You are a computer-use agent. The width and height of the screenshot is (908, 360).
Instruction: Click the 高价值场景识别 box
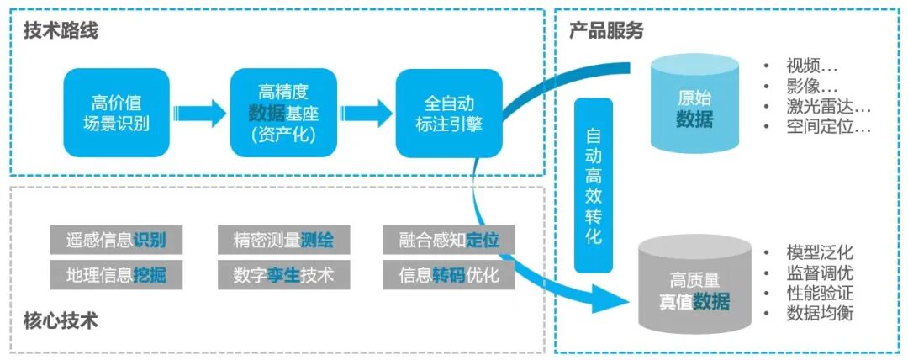pyautogui.click(x=116, y=113)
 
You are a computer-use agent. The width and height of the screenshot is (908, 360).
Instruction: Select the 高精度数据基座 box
pyautogui.click(x=282, y=113)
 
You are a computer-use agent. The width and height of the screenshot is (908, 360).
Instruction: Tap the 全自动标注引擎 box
pyautogui.click(x=449, y=113)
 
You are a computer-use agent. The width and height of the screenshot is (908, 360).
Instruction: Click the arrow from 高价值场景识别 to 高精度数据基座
pyautogui.click(x=199, y=112)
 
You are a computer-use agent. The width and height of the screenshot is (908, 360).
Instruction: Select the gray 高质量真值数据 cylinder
pyautogui.click(x=694, y=285)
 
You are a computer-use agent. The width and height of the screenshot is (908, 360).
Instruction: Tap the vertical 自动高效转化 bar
pyautogui.click(x=594, y=185)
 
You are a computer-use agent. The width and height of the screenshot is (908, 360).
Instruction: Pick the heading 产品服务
pyautogui.click(x=606, y=31)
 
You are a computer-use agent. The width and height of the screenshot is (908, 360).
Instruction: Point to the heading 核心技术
pyautogui.click(x=61, y=321)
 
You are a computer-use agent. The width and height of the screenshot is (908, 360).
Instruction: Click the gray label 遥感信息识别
pyautogui.click(x=116, y=240)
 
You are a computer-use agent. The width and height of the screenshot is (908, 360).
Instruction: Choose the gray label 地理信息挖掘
pyautogui.click(x=116, y=275)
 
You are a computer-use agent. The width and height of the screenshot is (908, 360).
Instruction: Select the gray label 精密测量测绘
pyautogui.click(x=283, y=240)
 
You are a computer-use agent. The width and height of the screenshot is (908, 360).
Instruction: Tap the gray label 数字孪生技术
pyautogui.click(x=283, y=275)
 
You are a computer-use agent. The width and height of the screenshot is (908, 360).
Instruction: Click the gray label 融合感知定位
pyautogui.click(x=449, y=240)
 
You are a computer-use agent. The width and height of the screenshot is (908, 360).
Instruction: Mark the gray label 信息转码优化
pyautogui.click(x=449, y=275)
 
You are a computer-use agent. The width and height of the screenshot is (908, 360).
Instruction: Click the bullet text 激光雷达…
pyautogui.click(x=827, y=107)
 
